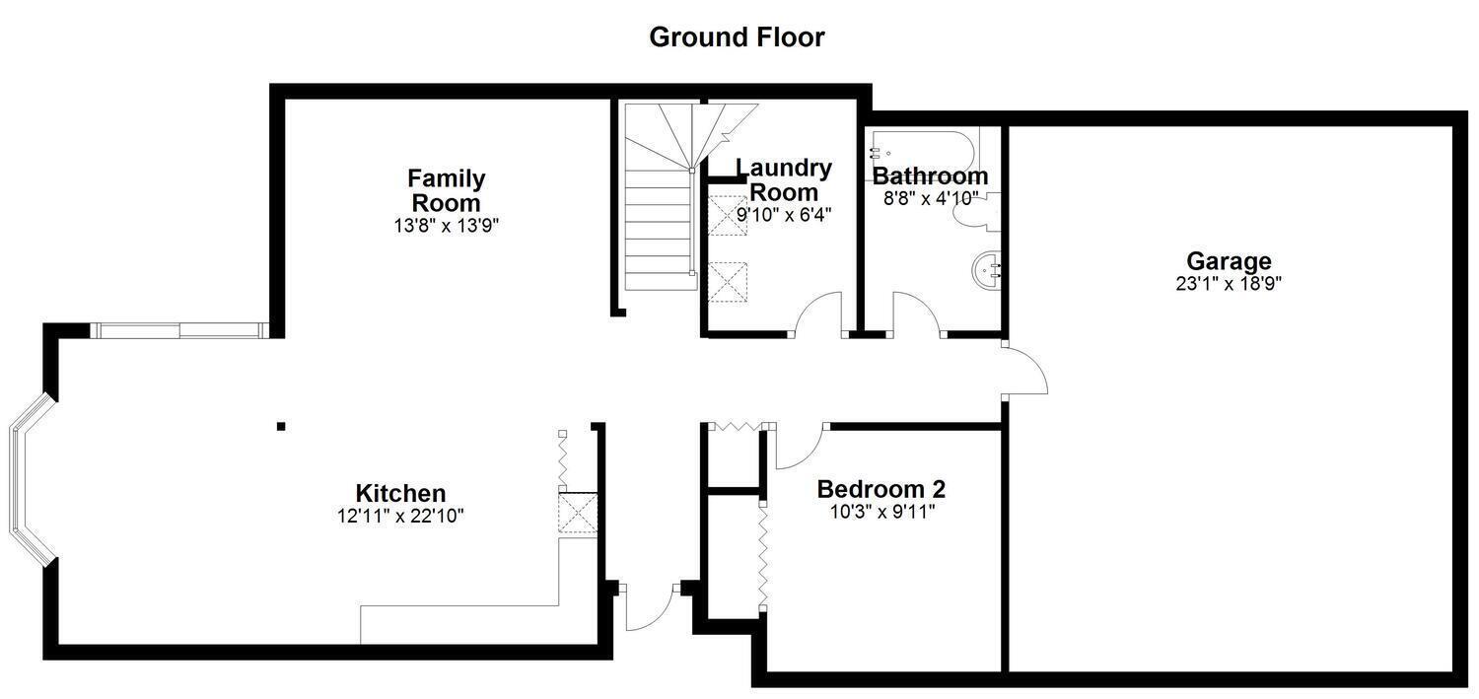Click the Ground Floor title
[x=737, y=36]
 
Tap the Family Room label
[x=447, y=190]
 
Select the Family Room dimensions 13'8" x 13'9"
[x=447, y=226]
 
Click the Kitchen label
[x=400, y=493]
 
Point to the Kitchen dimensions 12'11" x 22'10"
[x=400, y=516]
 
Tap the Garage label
[x=1229, y=261]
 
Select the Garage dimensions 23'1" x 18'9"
[x=1229, y=284]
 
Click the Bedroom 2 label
[x=881, y=489]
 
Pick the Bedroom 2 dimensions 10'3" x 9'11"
[x=882, y=512]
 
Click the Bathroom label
[x=931, y=176]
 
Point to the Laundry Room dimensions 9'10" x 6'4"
[x=784, y=215]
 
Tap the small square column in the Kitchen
[x=281, y=426]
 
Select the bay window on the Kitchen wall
[x=30, y=479]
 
